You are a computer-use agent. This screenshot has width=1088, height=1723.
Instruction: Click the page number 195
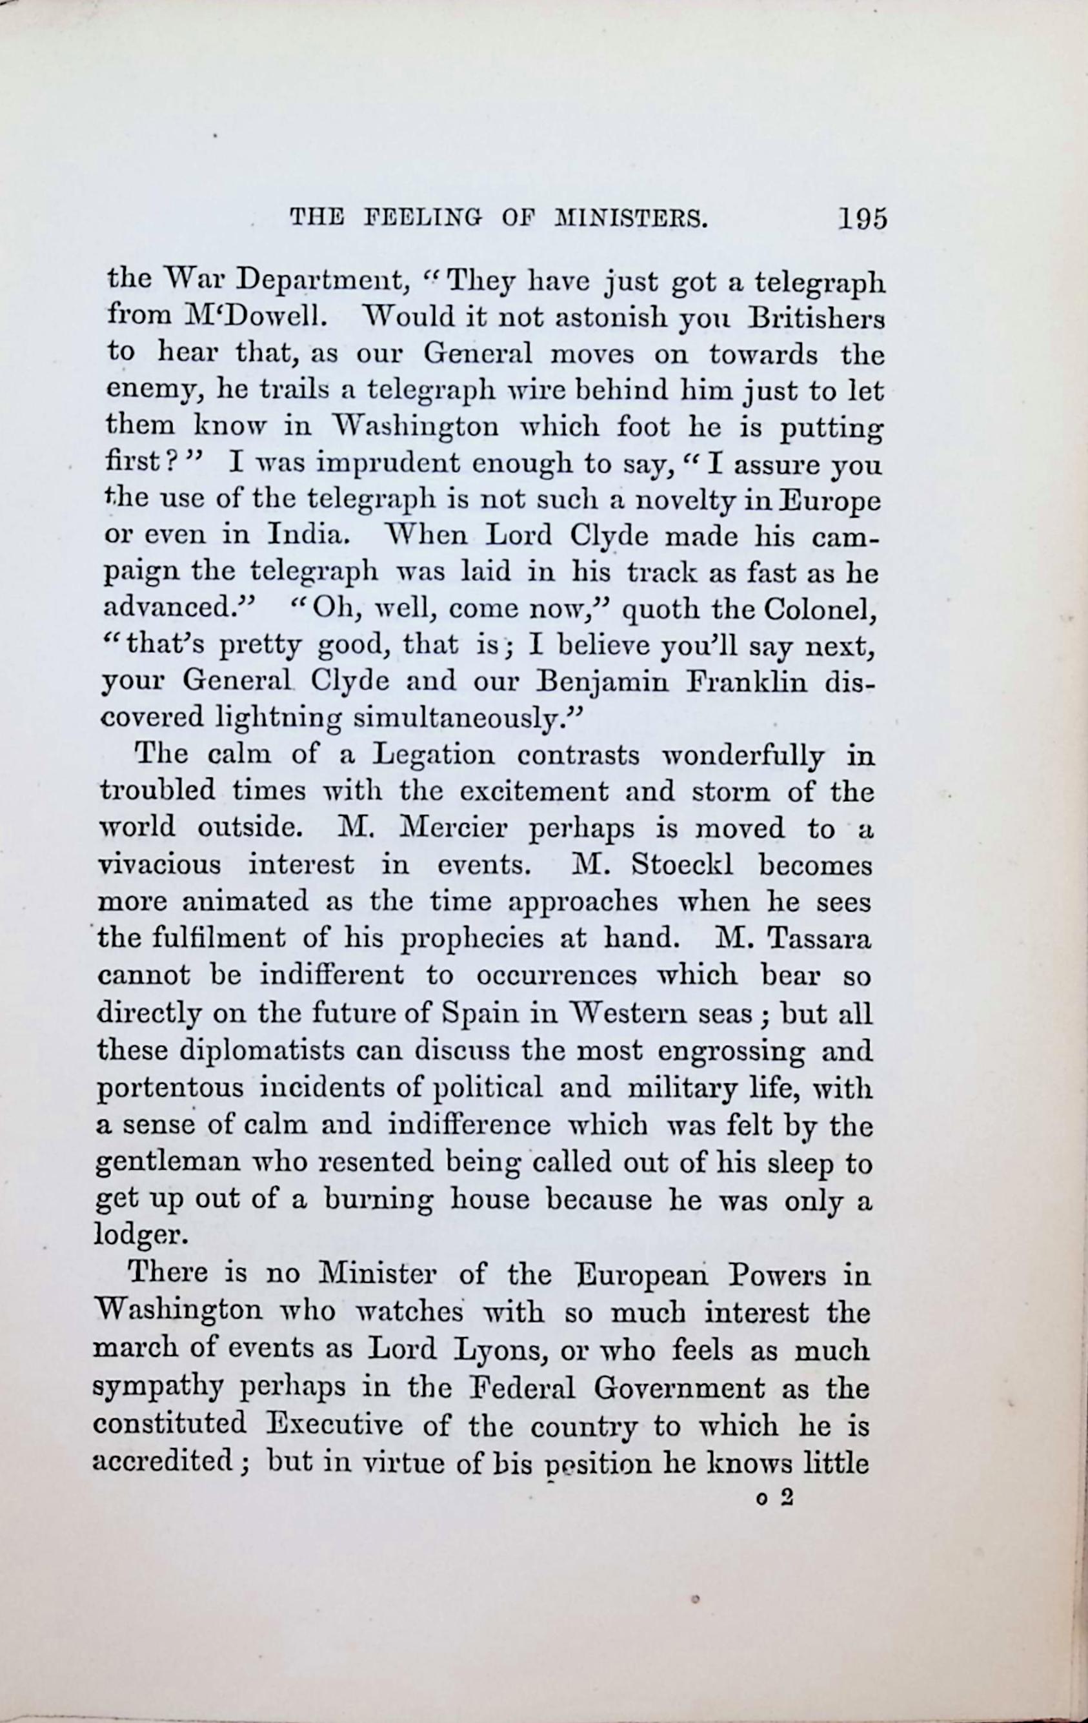[x=863, y=218]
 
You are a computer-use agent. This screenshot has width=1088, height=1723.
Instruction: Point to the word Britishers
[x=816, y=316]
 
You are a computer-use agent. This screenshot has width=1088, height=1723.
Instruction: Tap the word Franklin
[x=746, y=680]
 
